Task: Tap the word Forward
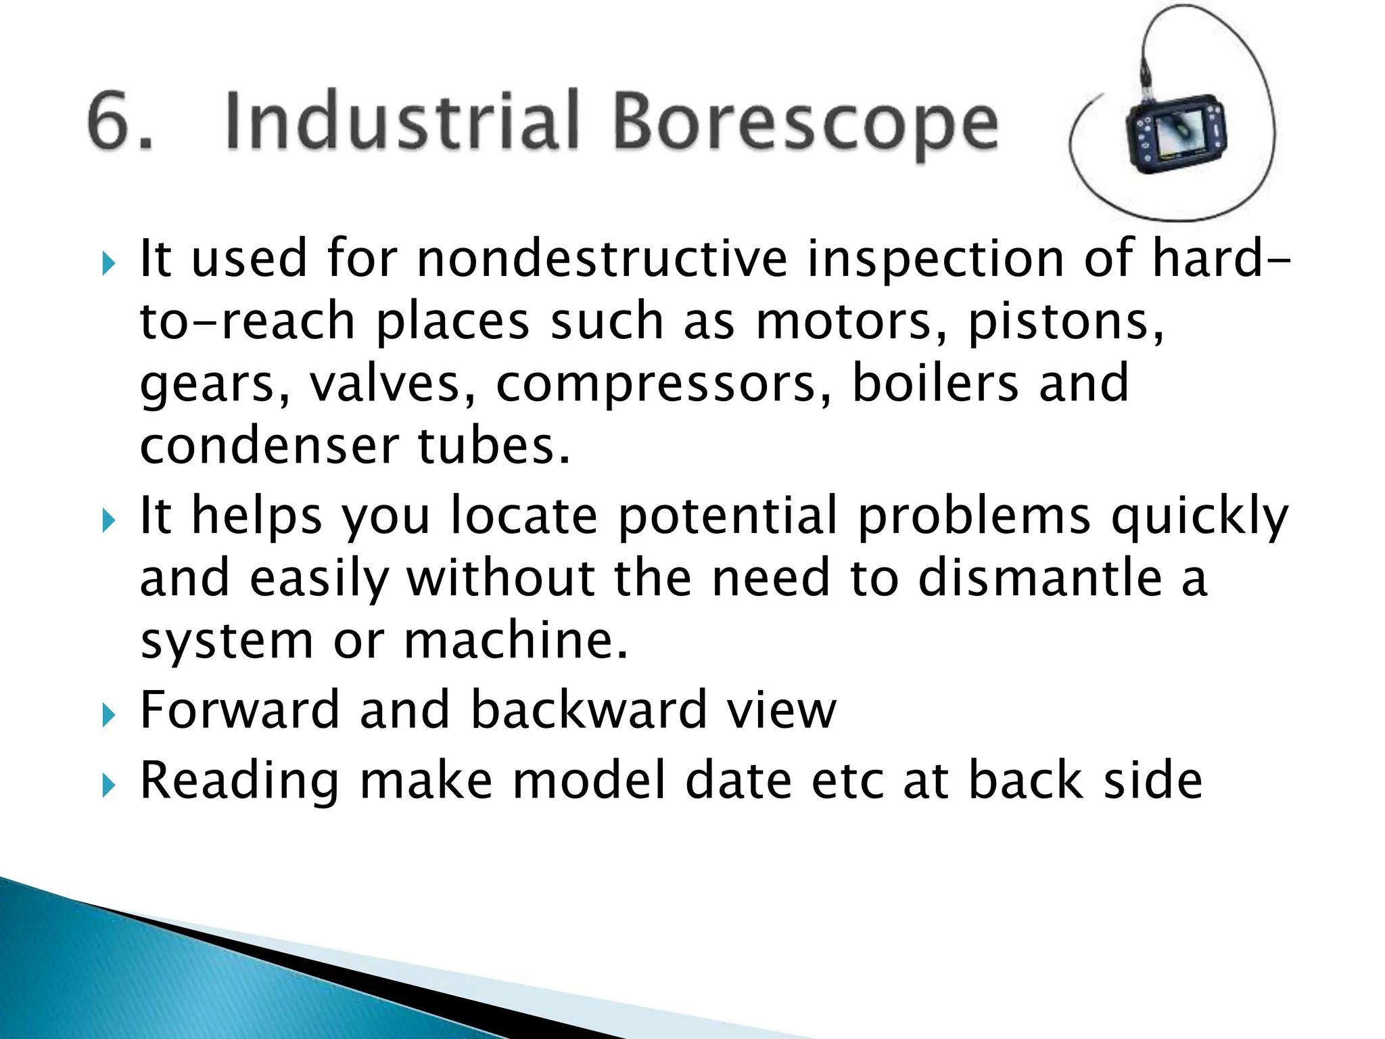tap(239, 710)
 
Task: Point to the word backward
tap(588, 710)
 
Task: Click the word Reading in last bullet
tap(239, 782)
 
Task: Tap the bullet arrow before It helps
tap(108, 520)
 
